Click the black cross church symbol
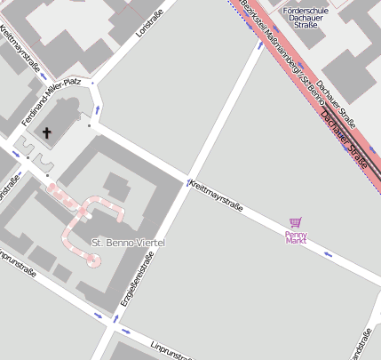click(45, 133)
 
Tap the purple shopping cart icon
click(295, 224)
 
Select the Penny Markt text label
click(295, 237)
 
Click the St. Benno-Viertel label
click(129, 242)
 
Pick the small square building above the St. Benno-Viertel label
click(115, 185)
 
